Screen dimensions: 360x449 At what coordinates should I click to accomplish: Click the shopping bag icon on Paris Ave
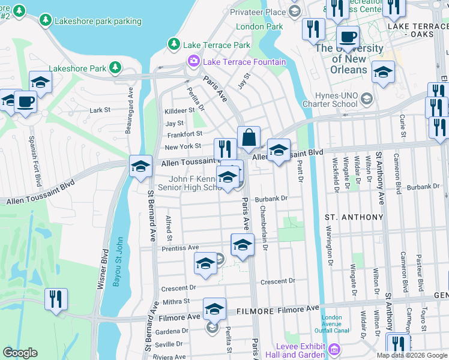coord(249,137)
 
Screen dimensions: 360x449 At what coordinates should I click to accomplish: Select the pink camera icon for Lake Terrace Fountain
coord(193,61)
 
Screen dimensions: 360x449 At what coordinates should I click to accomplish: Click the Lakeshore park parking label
coord(98,21)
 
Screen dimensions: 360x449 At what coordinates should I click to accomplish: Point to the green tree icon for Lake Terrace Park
coord(173,44)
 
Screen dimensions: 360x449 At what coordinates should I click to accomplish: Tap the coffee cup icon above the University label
coord(347,35)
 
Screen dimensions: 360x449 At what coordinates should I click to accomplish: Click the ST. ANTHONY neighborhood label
coord(354,217)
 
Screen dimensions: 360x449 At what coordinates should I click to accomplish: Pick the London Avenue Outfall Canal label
coord(331,324)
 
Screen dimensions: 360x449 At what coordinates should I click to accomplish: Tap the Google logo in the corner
coord(20,353)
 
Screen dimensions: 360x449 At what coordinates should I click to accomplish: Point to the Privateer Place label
coord(259,12)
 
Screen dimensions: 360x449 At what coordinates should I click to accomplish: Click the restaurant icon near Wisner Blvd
coord(56,299)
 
